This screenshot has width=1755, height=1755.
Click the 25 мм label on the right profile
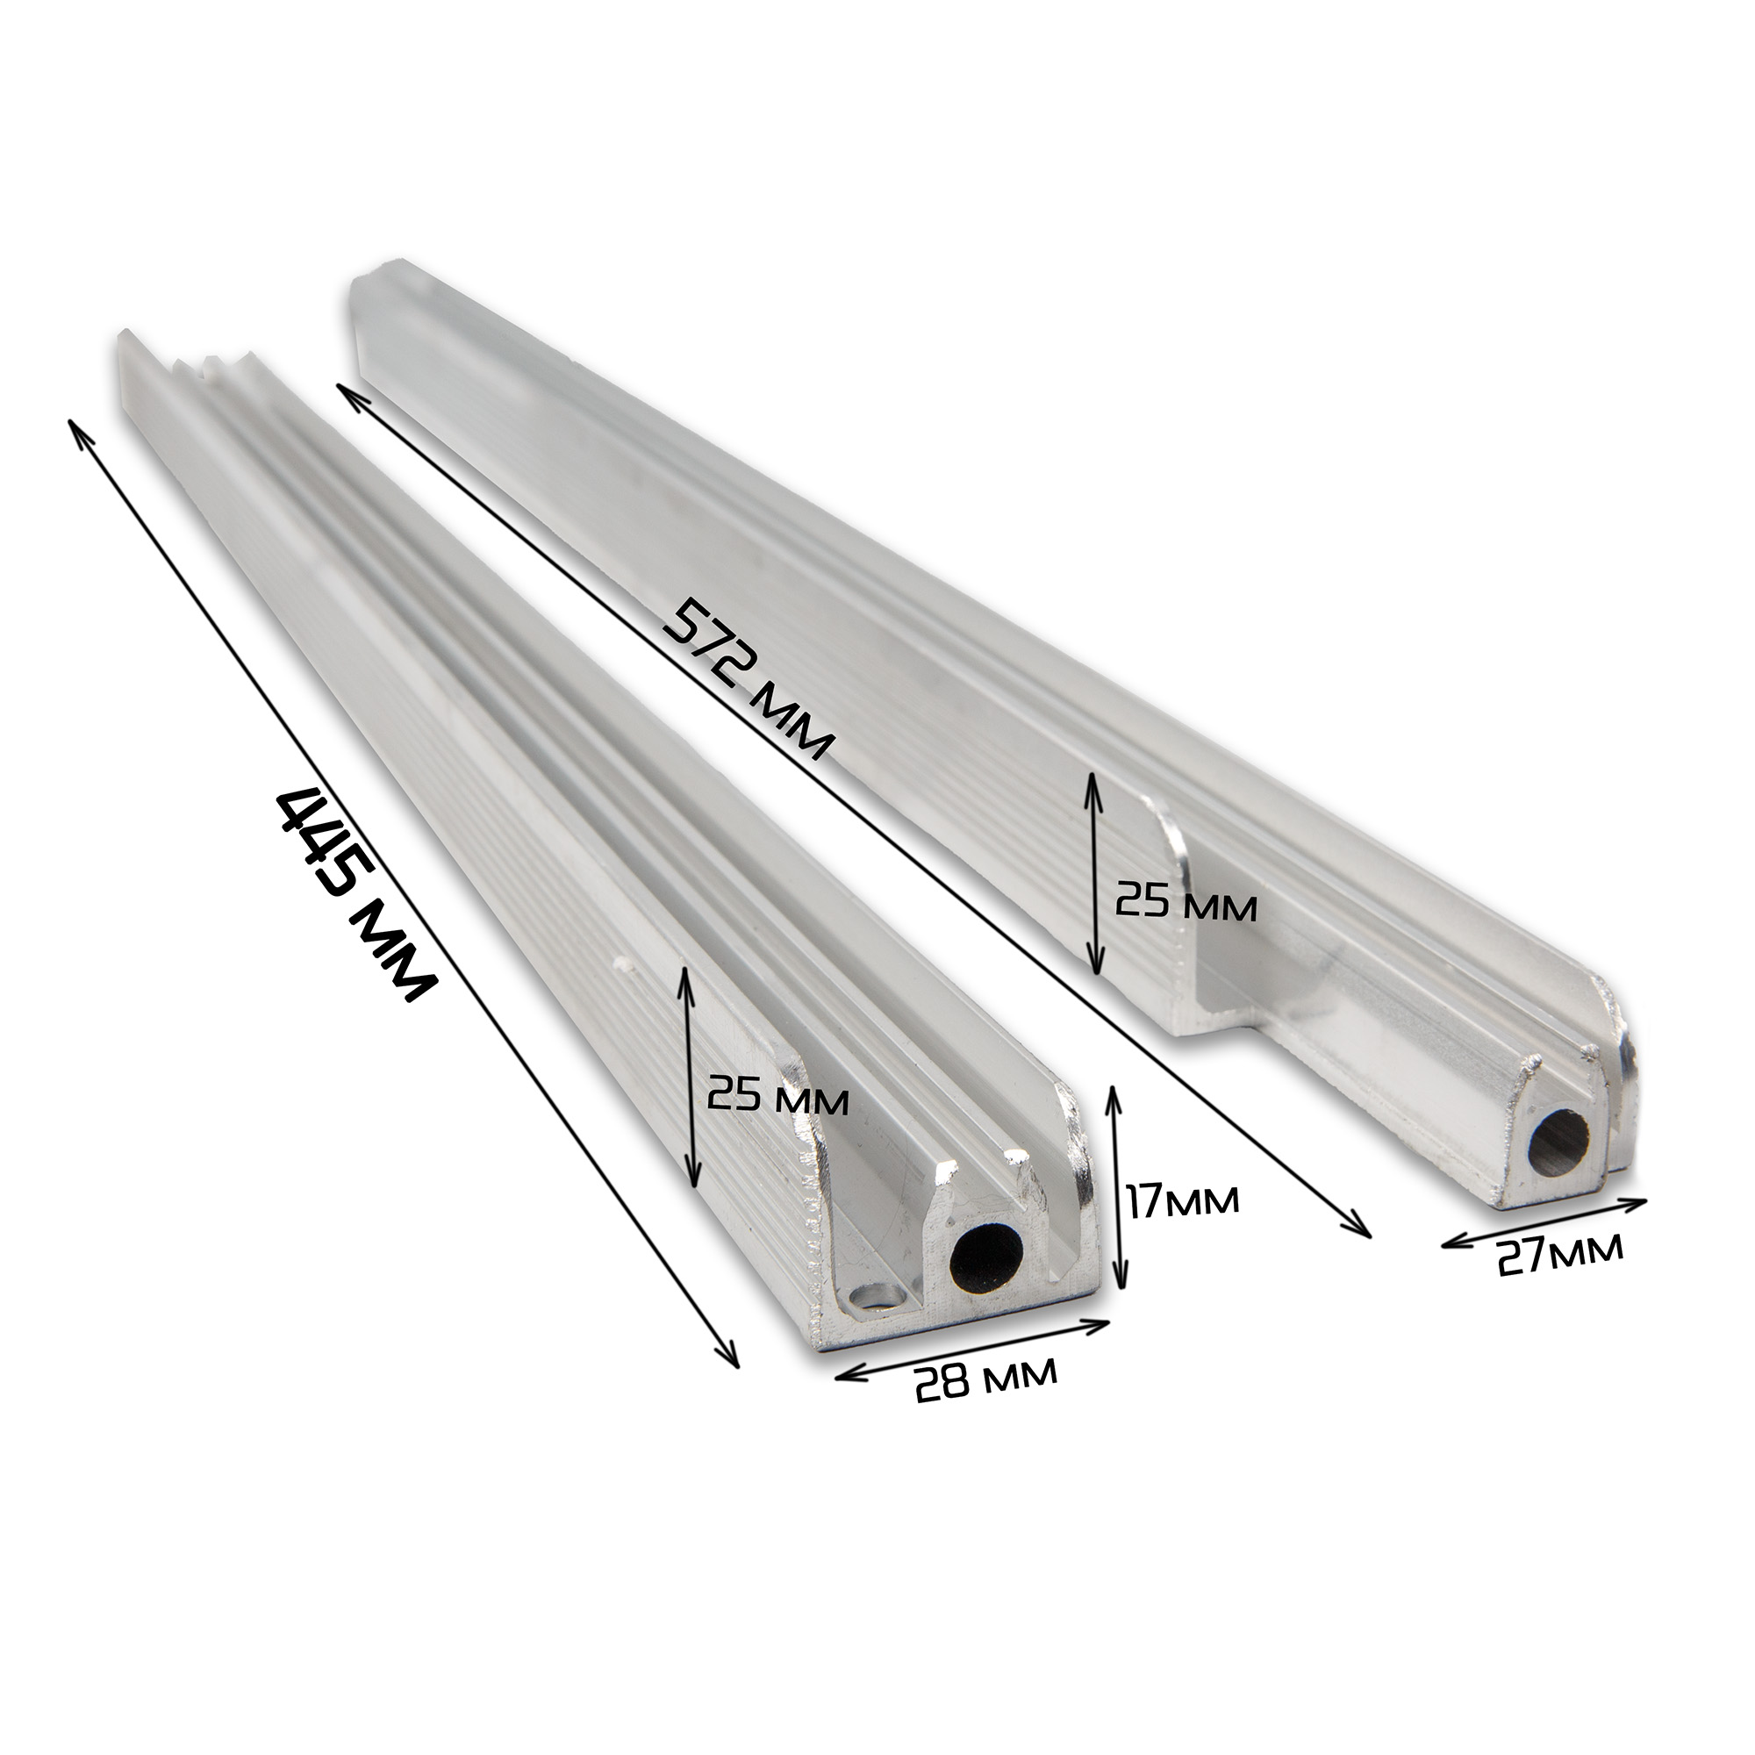pos(1186,906)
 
